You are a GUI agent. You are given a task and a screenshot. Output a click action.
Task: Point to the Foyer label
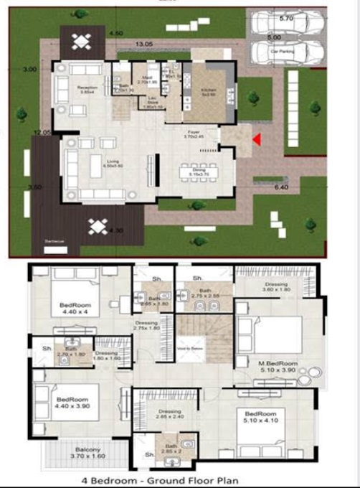(x=194, y=132)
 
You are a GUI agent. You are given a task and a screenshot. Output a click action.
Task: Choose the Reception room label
(x=86, y=89)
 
